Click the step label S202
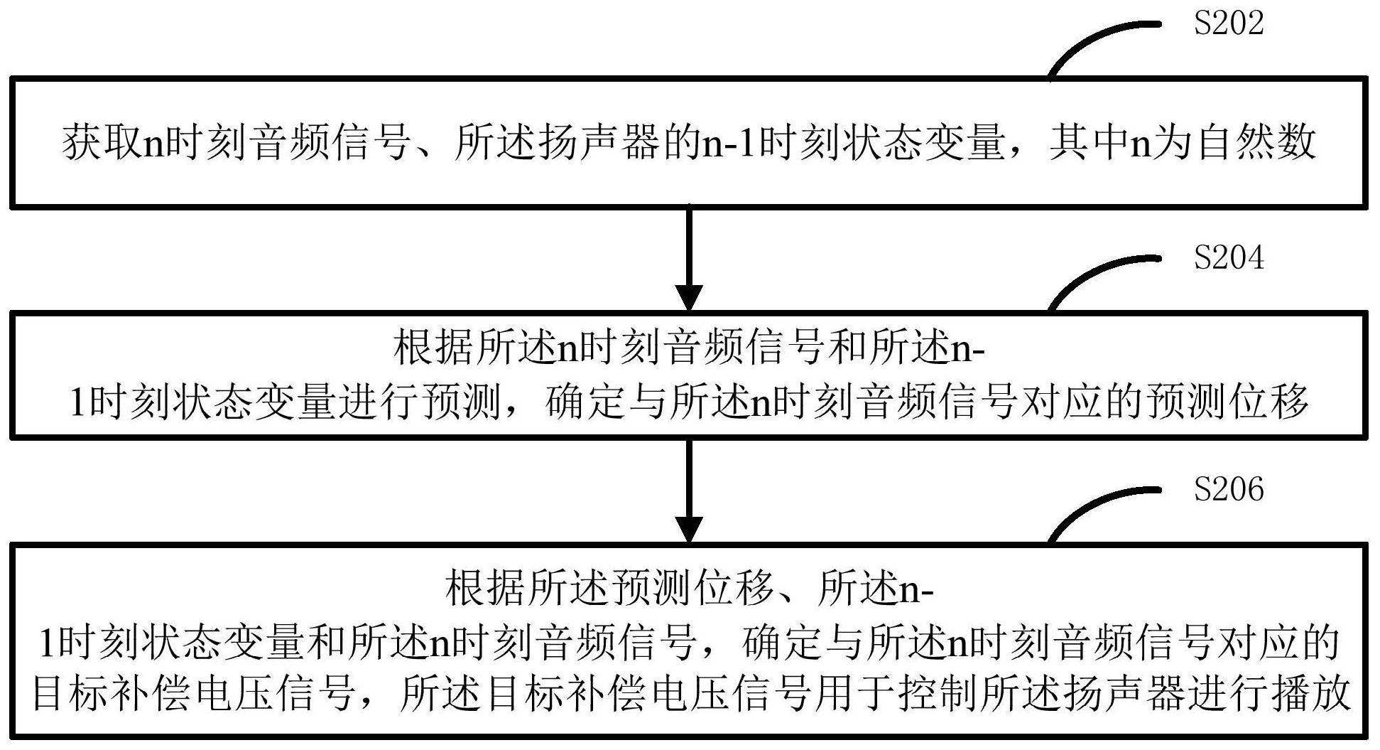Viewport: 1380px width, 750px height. [1228, 23]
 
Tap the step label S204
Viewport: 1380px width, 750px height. [1228, 257]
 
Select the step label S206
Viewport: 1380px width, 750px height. [1228, 490]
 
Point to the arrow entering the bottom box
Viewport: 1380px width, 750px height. [689, 491]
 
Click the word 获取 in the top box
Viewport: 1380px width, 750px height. [103, 143]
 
